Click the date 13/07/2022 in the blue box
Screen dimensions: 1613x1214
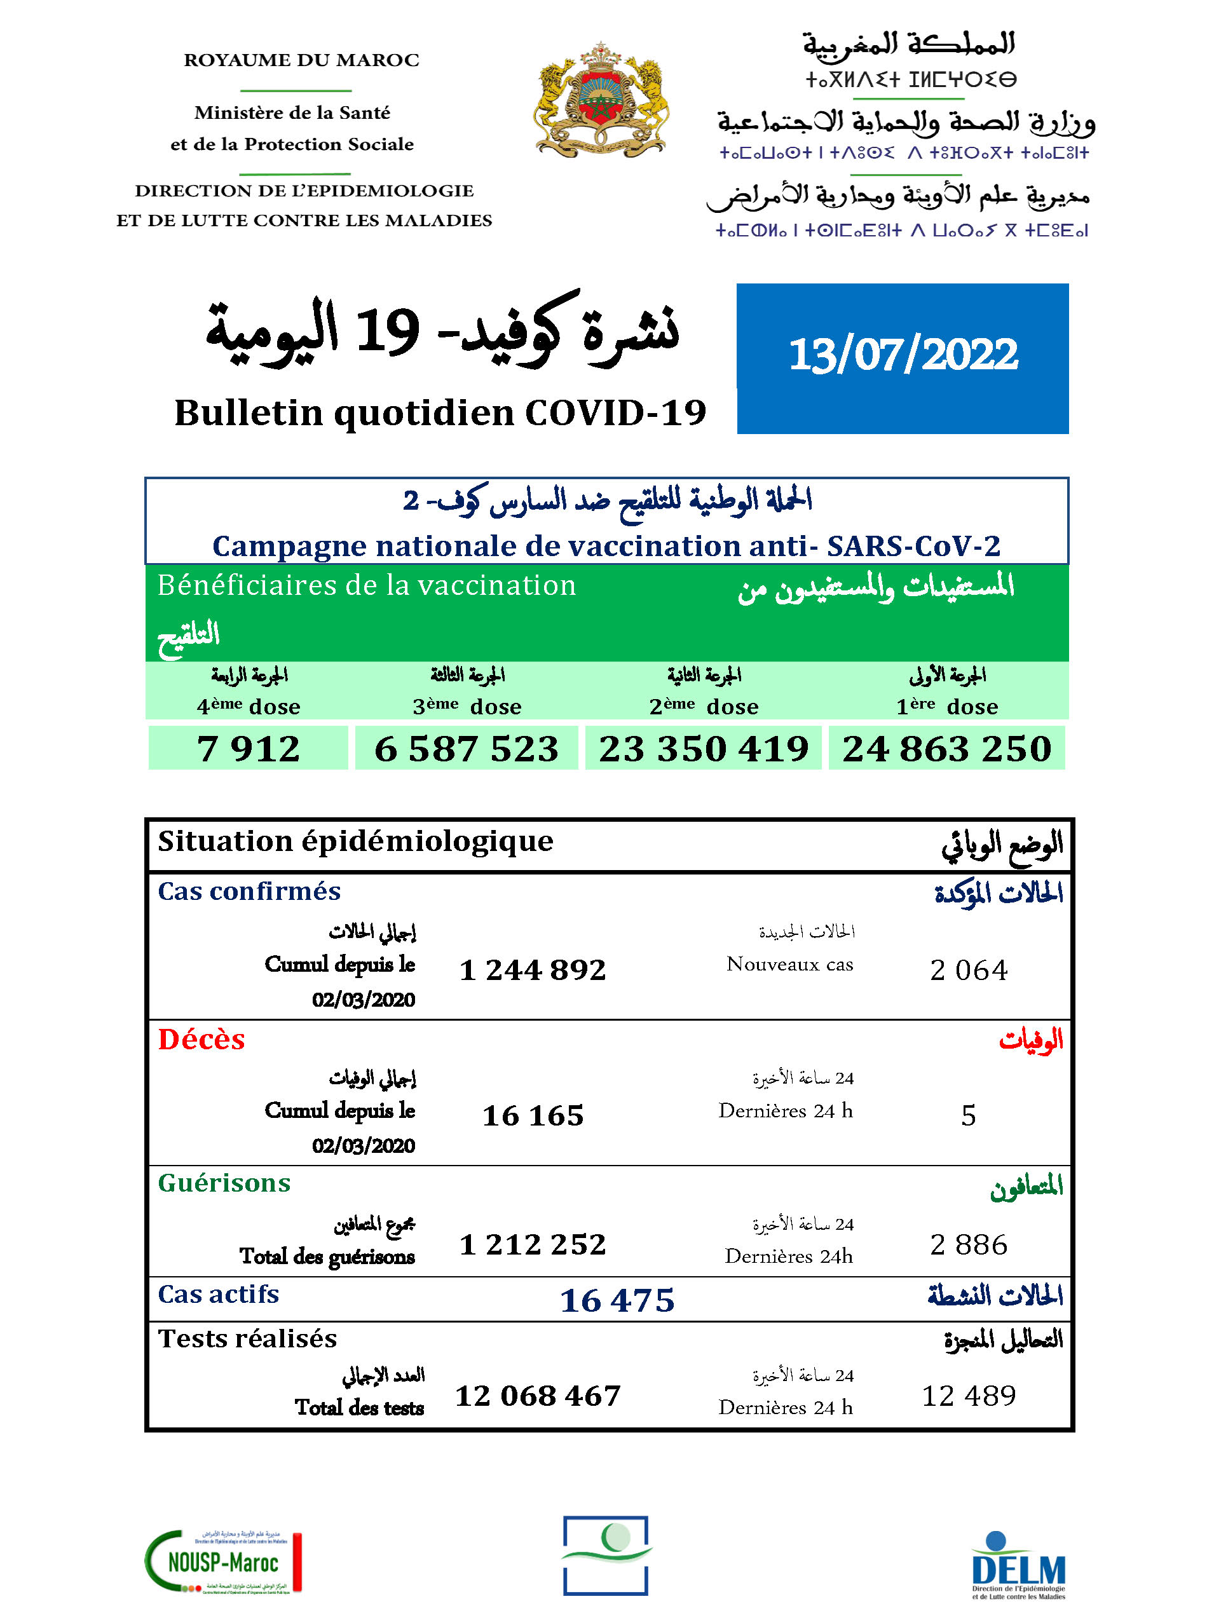(x=903, y=355)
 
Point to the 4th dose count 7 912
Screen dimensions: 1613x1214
(x=248, y=748)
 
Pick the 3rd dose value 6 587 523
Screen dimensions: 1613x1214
(x=466, y=748)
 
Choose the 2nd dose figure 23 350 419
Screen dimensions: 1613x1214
(x=704, y=748)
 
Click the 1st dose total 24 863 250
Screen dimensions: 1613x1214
(x=946, y=748)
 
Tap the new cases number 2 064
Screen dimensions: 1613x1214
(x=968, y=970)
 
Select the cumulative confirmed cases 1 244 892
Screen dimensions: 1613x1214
(x=532, y=970)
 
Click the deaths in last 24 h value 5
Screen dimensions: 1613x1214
(x=968, y=1115)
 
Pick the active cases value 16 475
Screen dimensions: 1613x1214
(x=617, y=1301)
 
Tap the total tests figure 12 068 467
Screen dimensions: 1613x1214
(x=537, y=1396)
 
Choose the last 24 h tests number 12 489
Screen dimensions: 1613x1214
(x=968, y=1396)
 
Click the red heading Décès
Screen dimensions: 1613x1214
(x=201, y=1040)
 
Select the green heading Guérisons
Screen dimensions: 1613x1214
(x=224, y=1183)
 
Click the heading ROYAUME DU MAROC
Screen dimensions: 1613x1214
(x=301, y=60)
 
